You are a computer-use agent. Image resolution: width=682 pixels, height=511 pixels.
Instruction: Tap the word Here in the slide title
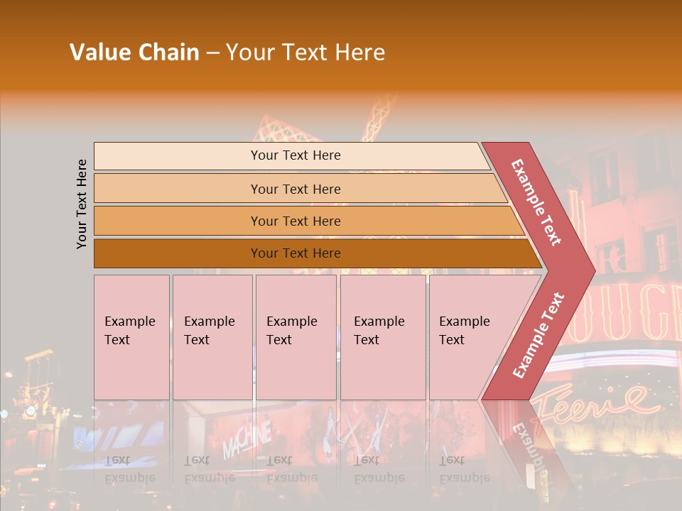pyautogui.click(x=359, y=53)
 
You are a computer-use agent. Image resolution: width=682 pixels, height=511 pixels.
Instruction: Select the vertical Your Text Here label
pyautogui.click(x=82, y=204)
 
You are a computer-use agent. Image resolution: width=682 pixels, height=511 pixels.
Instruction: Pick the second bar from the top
pyautogui.click(x=295, y=189)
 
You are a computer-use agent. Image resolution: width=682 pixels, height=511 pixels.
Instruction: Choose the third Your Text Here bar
pyautogui.click(x=295, y=221)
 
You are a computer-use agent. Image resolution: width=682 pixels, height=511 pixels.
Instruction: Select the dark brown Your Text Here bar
pyautogui.click(x=295, y=253)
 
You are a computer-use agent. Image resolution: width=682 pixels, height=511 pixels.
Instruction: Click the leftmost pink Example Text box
pyautogui.click(x=131, y=337)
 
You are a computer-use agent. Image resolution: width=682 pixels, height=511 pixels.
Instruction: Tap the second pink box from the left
pyautogui.click(x=212, y=337)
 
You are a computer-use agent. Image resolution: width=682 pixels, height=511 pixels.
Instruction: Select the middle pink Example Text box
pyautogui.click(x=296, y=337)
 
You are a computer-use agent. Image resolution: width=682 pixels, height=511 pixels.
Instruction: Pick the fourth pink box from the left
pyautogui.click(x=383, y=337)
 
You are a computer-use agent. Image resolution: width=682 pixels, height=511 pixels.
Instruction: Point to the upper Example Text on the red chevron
pyautogui.click(x=536, y=202)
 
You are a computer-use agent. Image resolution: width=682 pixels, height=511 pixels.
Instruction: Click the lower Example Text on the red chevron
pyautogui.click(x=538, y=335)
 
